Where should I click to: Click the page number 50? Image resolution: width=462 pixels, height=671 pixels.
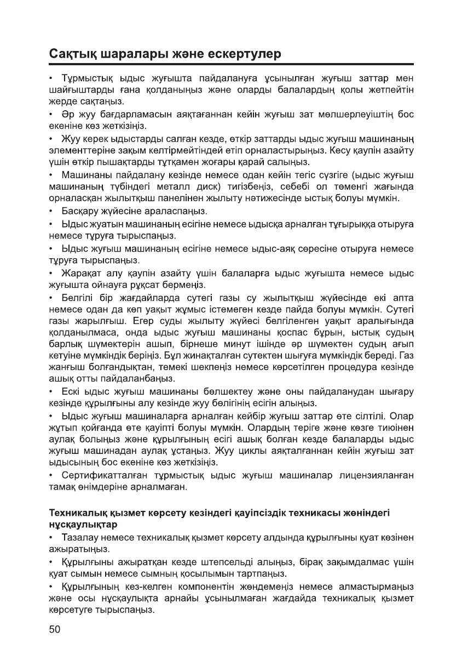point(55,629)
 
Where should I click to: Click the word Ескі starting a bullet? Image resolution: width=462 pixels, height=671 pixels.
point(71,392)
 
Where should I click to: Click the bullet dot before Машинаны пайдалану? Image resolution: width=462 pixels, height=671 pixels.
point(51,175)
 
